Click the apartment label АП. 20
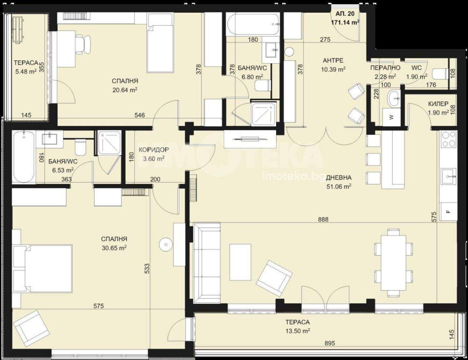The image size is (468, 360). coord(345,14)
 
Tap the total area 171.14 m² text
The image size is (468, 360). coord(345,22)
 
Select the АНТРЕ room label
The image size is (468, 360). coord(333,60)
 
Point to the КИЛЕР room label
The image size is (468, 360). coord(438,104)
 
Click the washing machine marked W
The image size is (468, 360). coord(391,117)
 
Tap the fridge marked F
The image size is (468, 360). coord(448,211)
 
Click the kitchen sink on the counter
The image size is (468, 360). coord(449,177)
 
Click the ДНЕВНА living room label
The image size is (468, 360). coord(339,178)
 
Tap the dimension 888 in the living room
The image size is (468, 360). coord(323,219)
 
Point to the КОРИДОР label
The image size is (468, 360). coord(154,150)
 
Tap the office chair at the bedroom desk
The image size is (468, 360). coord(83,45)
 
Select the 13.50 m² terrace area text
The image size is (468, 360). coord(298,337)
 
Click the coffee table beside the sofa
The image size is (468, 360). coord(240,262)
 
